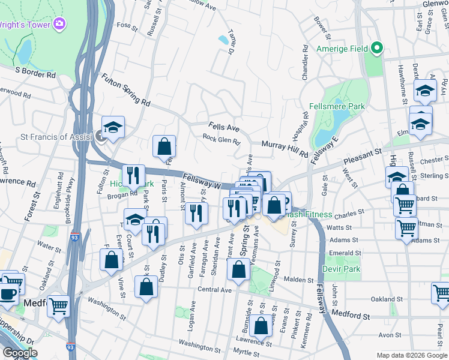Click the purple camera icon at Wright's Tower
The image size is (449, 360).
point(59,24)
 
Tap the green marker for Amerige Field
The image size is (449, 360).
point(377,48)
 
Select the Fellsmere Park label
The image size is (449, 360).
point(337,106)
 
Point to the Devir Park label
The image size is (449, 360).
point(341,269)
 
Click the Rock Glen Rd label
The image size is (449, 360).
point(221,139)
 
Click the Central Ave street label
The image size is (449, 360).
point(214,290)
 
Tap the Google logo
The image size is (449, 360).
point(20,353)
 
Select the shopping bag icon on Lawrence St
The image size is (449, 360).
point(261,326)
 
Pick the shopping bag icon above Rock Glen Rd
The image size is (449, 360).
point(163,145)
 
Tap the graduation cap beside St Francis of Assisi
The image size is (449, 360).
point(112,127)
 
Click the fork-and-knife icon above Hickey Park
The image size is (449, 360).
point(133,175)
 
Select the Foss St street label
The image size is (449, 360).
point(127,25)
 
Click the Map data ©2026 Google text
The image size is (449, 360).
point(412,355)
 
